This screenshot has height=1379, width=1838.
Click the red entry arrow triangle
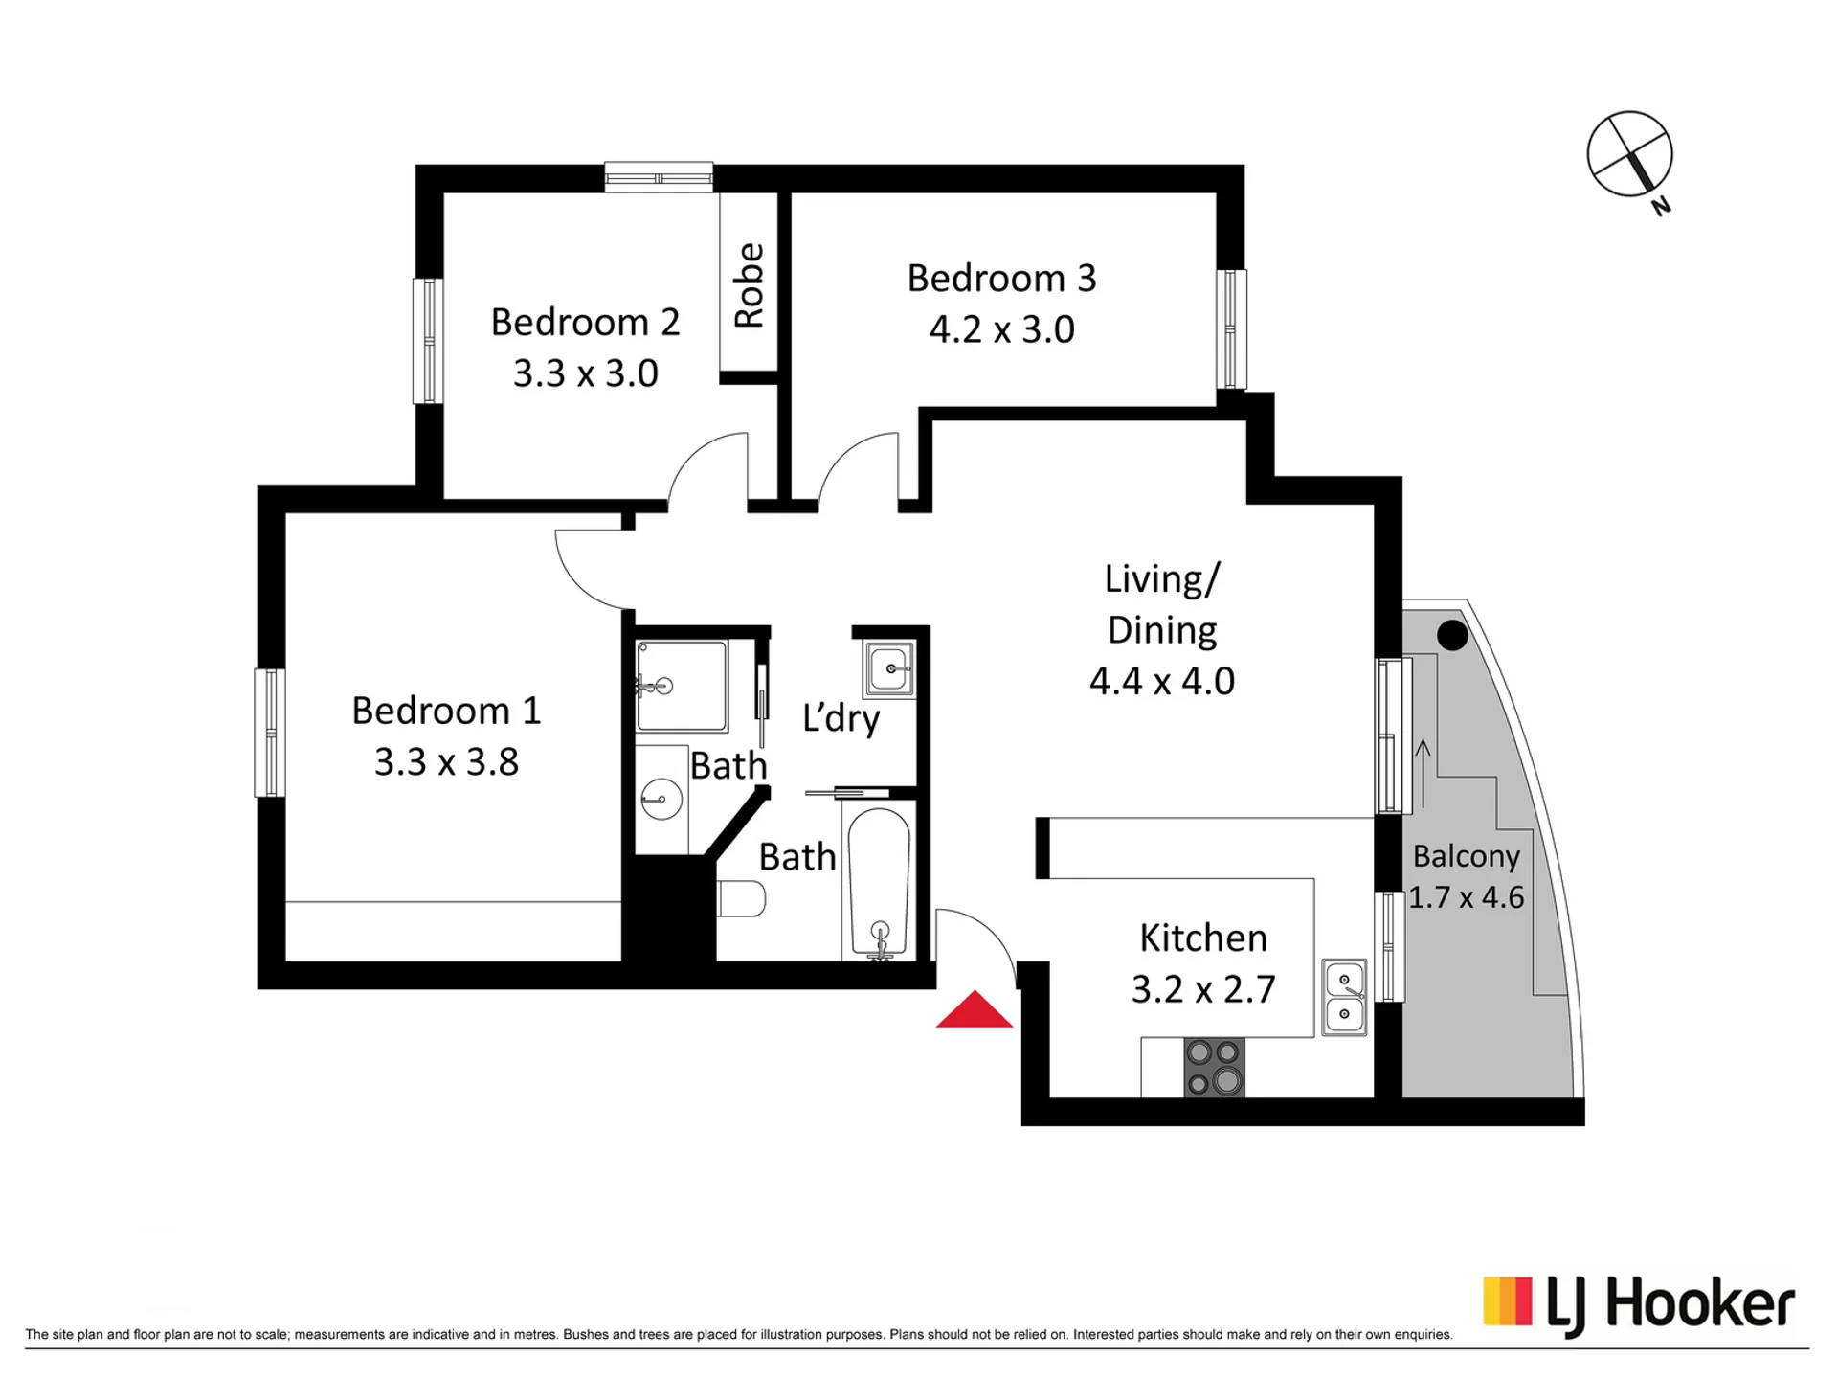click(x=974, y=1009)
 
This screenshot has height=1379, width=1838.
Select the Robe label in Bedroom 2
click(x=749, y=285)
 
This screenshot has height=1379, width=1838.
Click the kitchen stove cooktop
click(x=1214, y=1067)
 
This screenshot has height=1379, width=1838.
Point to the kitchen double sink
click(x=1344, y=997)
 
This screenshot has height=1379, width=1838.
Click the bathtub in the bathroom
click(x=879, y=883)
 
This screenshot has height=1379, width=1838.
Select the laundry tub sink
click(x=889, y=668)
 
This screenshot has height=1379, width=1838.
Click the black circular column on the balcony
click(x=1452, y=635)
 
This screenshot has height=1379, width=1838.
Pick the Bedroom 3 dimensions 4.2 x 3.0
click(x=1001, y=329)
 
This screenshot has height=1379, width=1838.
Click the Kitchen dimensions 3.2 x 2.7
click(x=1203, y=989)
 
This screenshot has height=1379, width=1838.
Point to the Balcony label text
click(x=1466, y=856)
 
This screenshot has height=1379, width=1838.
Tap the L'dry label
click(x=841, y=718)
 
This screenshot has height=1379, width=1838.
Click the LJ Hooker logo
click(x=1639, y=1306)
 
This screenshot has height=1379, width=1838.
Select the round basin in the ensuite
click(x=661, y=798)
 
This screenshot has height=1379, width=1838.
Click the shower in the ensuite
click(x=682, y=686)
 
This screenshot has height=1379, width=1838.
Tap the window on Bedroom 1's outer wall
click(x=269, y=733)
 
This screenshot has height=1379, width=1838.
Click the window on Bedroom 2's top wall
click(x=659, y=177)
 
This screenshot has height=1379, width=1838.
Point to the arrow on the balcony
click(x=1423, y=774)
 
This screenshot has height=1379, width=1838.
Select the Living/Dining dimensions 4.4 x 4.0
click(x=1161, y=681)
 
